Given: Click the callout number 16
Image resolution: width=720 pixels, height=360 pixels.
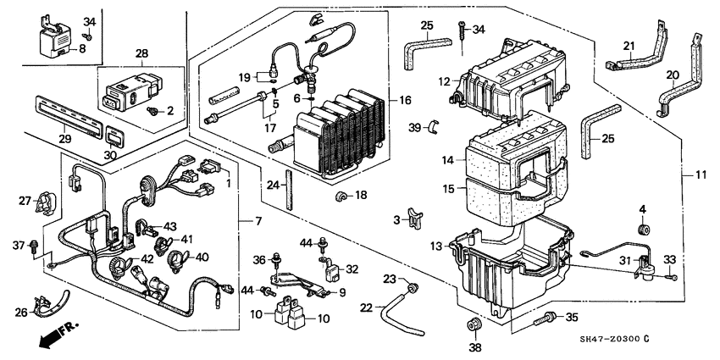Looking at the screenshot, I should click(405, 101).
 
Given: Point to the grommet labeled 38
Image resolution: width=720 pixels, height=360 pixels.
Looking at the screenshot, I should click(474, 324).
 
